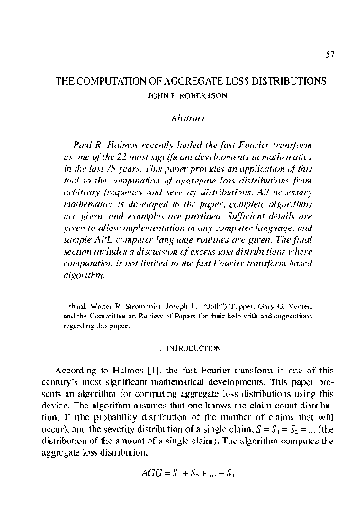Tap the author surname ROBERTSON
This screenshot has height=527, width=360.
pyautogui.click(x=197, y=93)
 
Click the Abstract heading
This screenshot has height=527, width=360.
pyautogui.click(x=179, y=116)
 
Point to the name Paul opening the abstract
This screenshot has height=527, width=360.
pyautogui.click(x=80, y=143)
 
